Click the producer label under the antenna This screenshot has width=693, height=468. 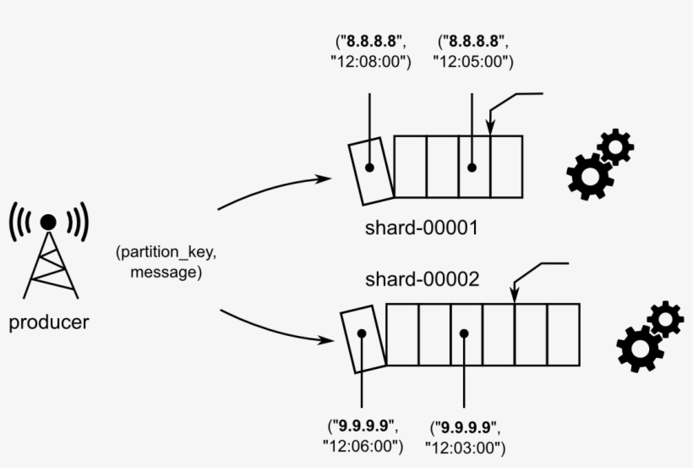click(x=48, y=322)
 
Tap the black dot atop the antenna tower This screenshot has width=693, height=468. click(x=49, y=222)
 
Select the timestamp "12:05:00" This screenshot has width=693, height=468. click(x=473, y=62)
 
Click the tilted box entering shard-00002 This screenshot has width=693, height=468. click(x=362, y=336)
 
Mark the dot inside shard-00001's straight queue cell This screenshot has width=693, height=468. click(x=472, y=168)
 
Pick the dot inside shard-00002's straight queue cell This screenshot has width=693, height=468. click(x=464, y=334)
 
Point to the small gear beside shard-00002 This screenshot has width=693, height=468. click(x=665, y=319)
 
